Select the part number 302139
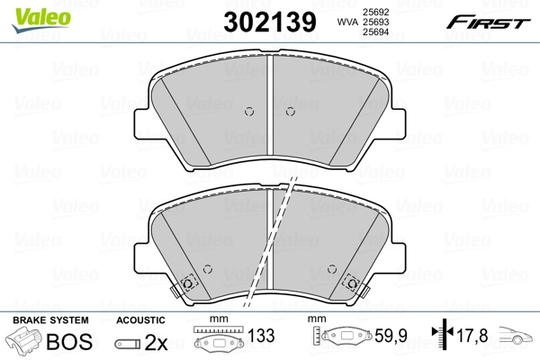(x=263, y=21)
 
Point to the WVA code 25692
(x=374, y=11)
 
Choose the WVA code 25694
(x=374, y=32)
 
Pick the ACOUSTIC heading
(x=141, y=320)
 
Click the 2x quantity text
(x=156, y=342)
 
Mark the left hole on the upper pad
(x=251, y=112)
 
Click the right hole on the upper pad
(x=290, y=112)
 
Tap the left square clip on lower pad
(x=187, y=282)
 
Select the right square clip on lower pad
(x=355, y=282)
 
